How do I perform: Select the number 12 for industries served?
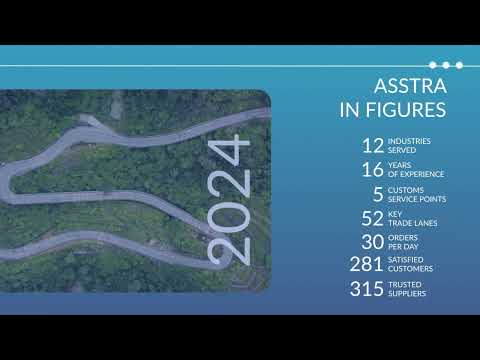tap(372, 146)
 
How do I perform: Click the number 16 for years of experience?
tap(372, 170)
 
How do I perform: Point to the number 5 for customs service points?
tap(378, 194)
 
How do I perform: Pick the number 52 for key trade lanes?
tap(372, 218)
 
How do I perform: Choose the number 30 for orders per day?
tap(372, 242)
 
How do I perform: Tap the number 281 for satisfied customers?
tap(367, 265)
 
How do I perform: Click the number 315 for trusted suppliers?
tap(367, 290)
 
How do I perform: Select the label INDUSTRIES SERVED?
tap(409, 146)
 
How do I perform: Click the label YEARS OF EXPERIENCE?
tap(416, 170)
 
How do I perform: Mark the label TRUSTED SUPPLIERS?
tap(408, 290)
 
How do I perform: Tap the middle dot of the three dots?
tap(446, 65)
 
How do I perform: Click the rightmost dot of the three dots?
tap(459, 65)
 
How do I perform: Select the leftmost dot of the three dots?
tap(433, 65)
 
